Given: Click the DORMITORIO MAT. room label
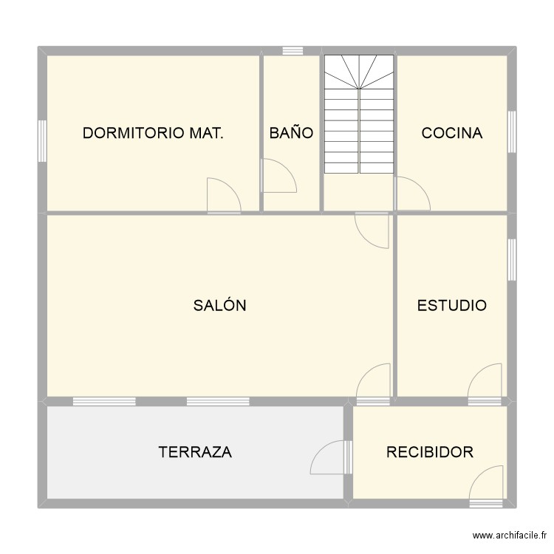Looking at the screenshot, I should click(153, 133).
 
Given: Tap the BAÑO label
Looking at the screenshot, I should click(291, 133).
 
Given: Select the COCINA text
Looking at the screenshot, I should click(451, 133).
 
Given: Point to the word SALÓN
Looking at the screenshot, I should click(219, 305).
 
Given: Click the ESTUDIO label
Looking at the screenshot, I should click(451, 305).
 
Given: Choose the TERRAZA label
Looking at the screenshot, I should click(195, 452).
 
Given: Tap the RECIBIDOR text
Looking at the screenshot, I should click(429, 452).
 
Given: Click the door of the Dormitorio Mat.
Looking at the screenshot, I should click(223, 196).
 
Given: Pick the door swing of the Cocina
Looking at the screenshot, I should click(412, 194).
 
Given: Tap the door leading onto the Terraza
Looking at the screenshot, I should click(329, 457).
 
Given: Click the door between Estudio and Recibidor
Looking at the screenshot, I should click(485, 384).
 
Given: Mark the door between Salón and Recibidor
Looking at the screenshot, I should click(374, 384).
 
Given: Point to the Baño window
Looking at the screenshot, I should click(293, 51).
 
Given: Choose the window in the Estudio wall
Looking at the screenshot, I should click(511, 259).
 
